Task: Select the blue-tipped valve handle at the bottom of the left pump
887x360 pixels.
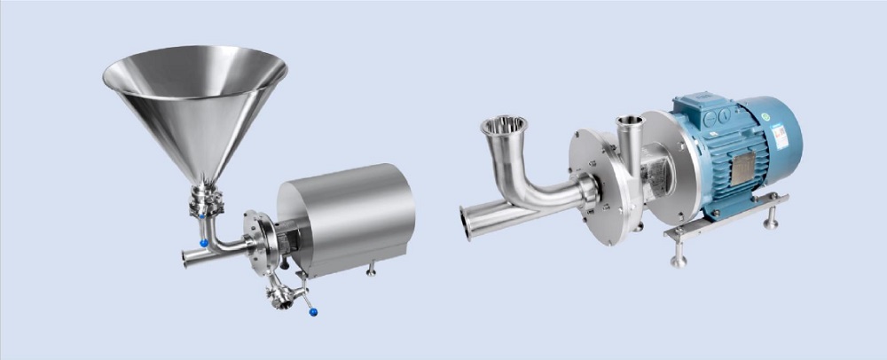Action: [x=313, y=311]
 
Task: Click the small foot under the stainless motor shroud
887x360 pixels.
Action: [x=371, y=268]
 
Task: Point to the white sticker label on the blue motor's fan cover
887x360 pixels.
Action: [x=779, y=136]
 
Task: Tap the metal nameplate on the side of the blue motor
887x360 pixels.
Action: [x=742, y=168]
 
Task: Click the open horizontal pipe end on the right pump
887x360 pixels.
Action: [x=467, y=223]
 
